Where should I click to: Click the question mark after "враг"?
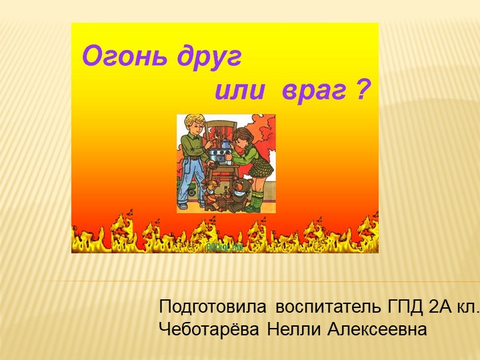pyautogui.click(x=361, y=89)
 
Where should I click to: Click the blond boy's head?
pyautogui.click(x=194, y=125)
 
